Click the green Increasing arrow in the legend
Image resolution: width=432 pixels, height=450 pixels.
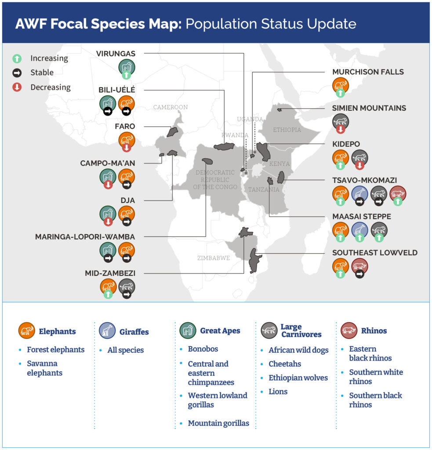click(x=17, y=58)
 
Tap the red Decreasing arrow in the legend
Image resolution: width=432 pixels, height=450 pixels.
click(x=17, y=87)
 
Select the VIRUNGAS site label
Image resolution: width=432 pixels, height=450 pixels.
click(x=116, y=54)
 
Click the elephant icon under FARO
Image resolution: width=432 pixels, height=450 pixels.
click(x=127, y=140)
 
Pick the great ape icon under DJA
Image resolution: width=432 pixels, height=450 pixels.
click(x=108, y=214)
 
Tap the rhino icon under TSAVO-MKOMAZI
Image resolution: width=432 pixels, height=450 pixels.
click(x=398, y=193)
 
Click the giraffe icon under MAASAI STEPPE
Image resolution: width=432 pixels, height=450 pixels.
click(x=359, y=230)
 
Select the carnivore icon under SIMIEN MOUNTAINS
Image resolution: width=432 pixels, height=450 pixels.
click(x=341, y=122)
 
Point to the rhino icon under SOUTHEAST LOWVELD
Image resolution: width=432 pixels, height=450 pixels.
click(x=359, y=266)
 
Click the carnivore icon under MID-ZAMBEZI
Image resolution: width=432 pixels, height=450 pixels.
click(x=127, y=287)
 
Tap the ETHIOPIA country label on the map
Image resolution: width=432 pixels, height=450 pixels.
click(x=287, y=130)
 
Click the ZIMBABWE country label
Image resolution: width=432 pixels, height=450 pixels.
click(x=214, y=258)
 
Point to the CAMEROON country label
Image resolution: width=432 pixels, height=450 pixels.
click(x=171, y=107)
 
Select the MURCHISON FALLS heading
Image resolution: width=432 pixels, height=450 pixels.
click(x=368, y=72)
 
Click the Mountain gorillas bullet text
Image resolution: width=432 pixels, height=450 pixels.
click(x=218, y=423)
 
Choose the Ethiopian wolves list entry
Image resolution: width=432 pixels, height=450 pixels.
click(x=298, y=377)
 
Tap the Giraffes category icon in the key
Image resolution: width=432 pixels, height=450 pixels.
click(x=107, y=330)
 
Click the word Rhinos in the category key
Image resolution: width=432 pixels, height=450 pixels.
click(x=374, y=331)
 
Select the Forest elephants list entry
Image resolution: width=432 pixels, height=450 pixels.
click(x=56, y=349)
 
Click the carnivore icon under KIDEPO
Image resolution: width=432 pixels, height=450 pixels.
click(x=359, y=158)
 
